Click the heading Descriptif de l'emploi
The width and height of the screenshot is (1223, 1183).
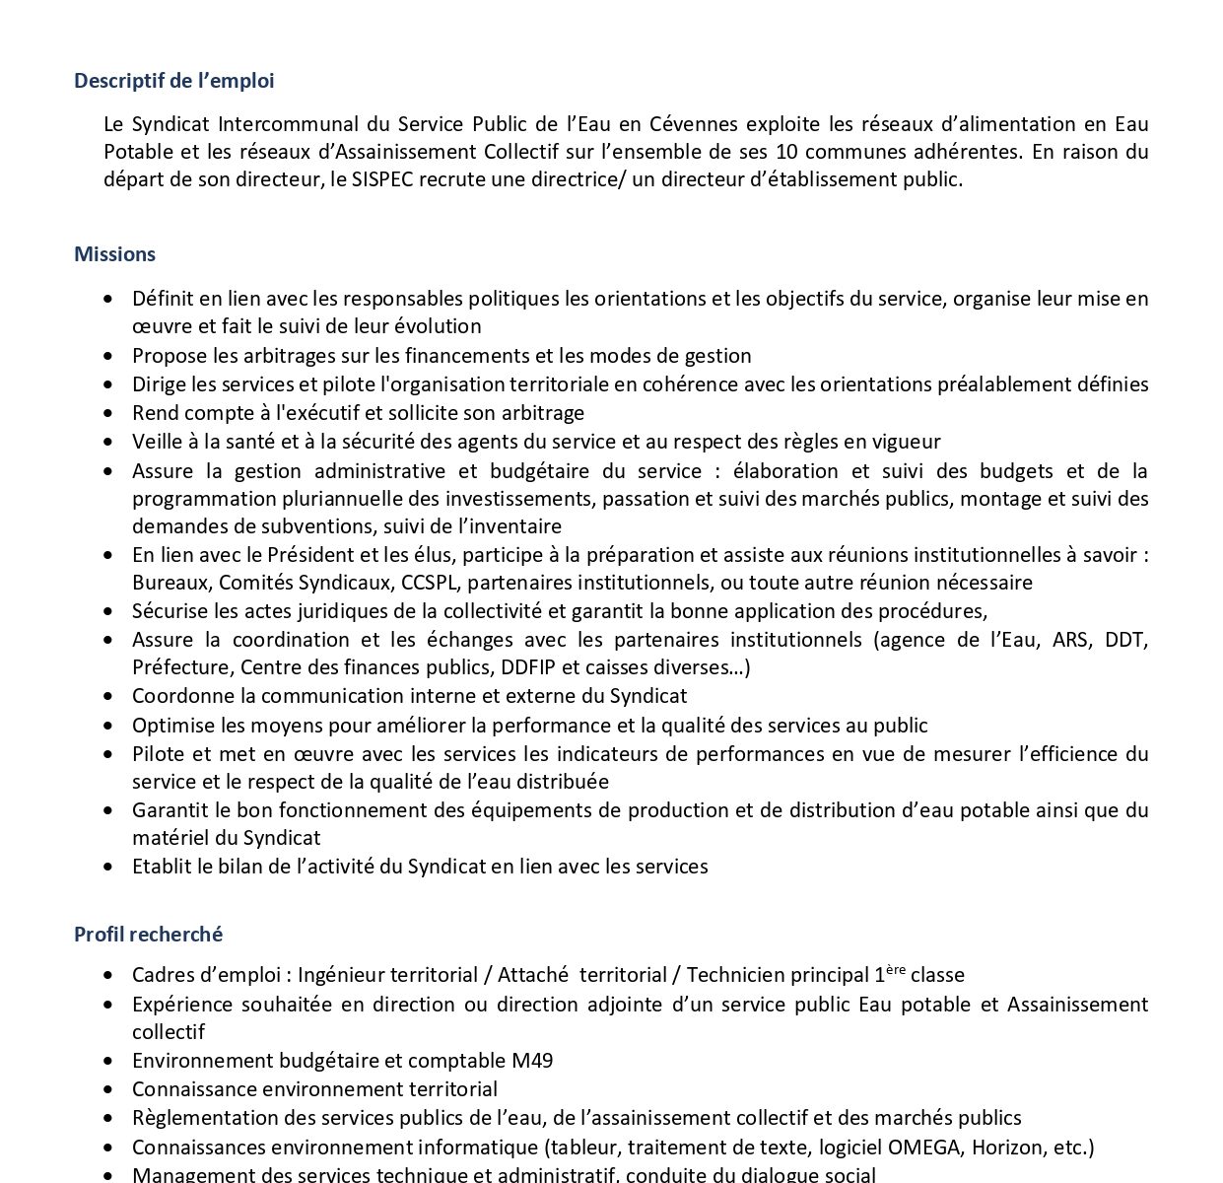tap(174, 81)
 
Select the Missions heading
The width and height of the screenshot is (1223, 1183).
tap(114, 254)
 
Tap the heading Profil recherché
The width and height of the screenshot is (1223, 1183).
tap(149, 934)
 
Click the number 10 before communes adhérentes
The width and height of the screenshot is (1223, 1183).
tap(787, 152)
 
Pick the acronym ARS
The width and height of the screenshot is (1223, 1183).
tap(1071, 640)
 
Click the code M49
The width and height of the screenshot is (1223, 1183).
tap(532, 1061)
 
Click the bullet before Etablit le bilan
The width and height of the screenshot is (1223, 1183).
tap(108, 868)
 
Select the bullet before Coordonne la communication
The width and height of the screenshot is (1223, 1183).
tap(108, 697)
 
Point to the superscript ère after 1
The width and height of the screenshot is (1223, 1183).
tap(895, 970)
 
